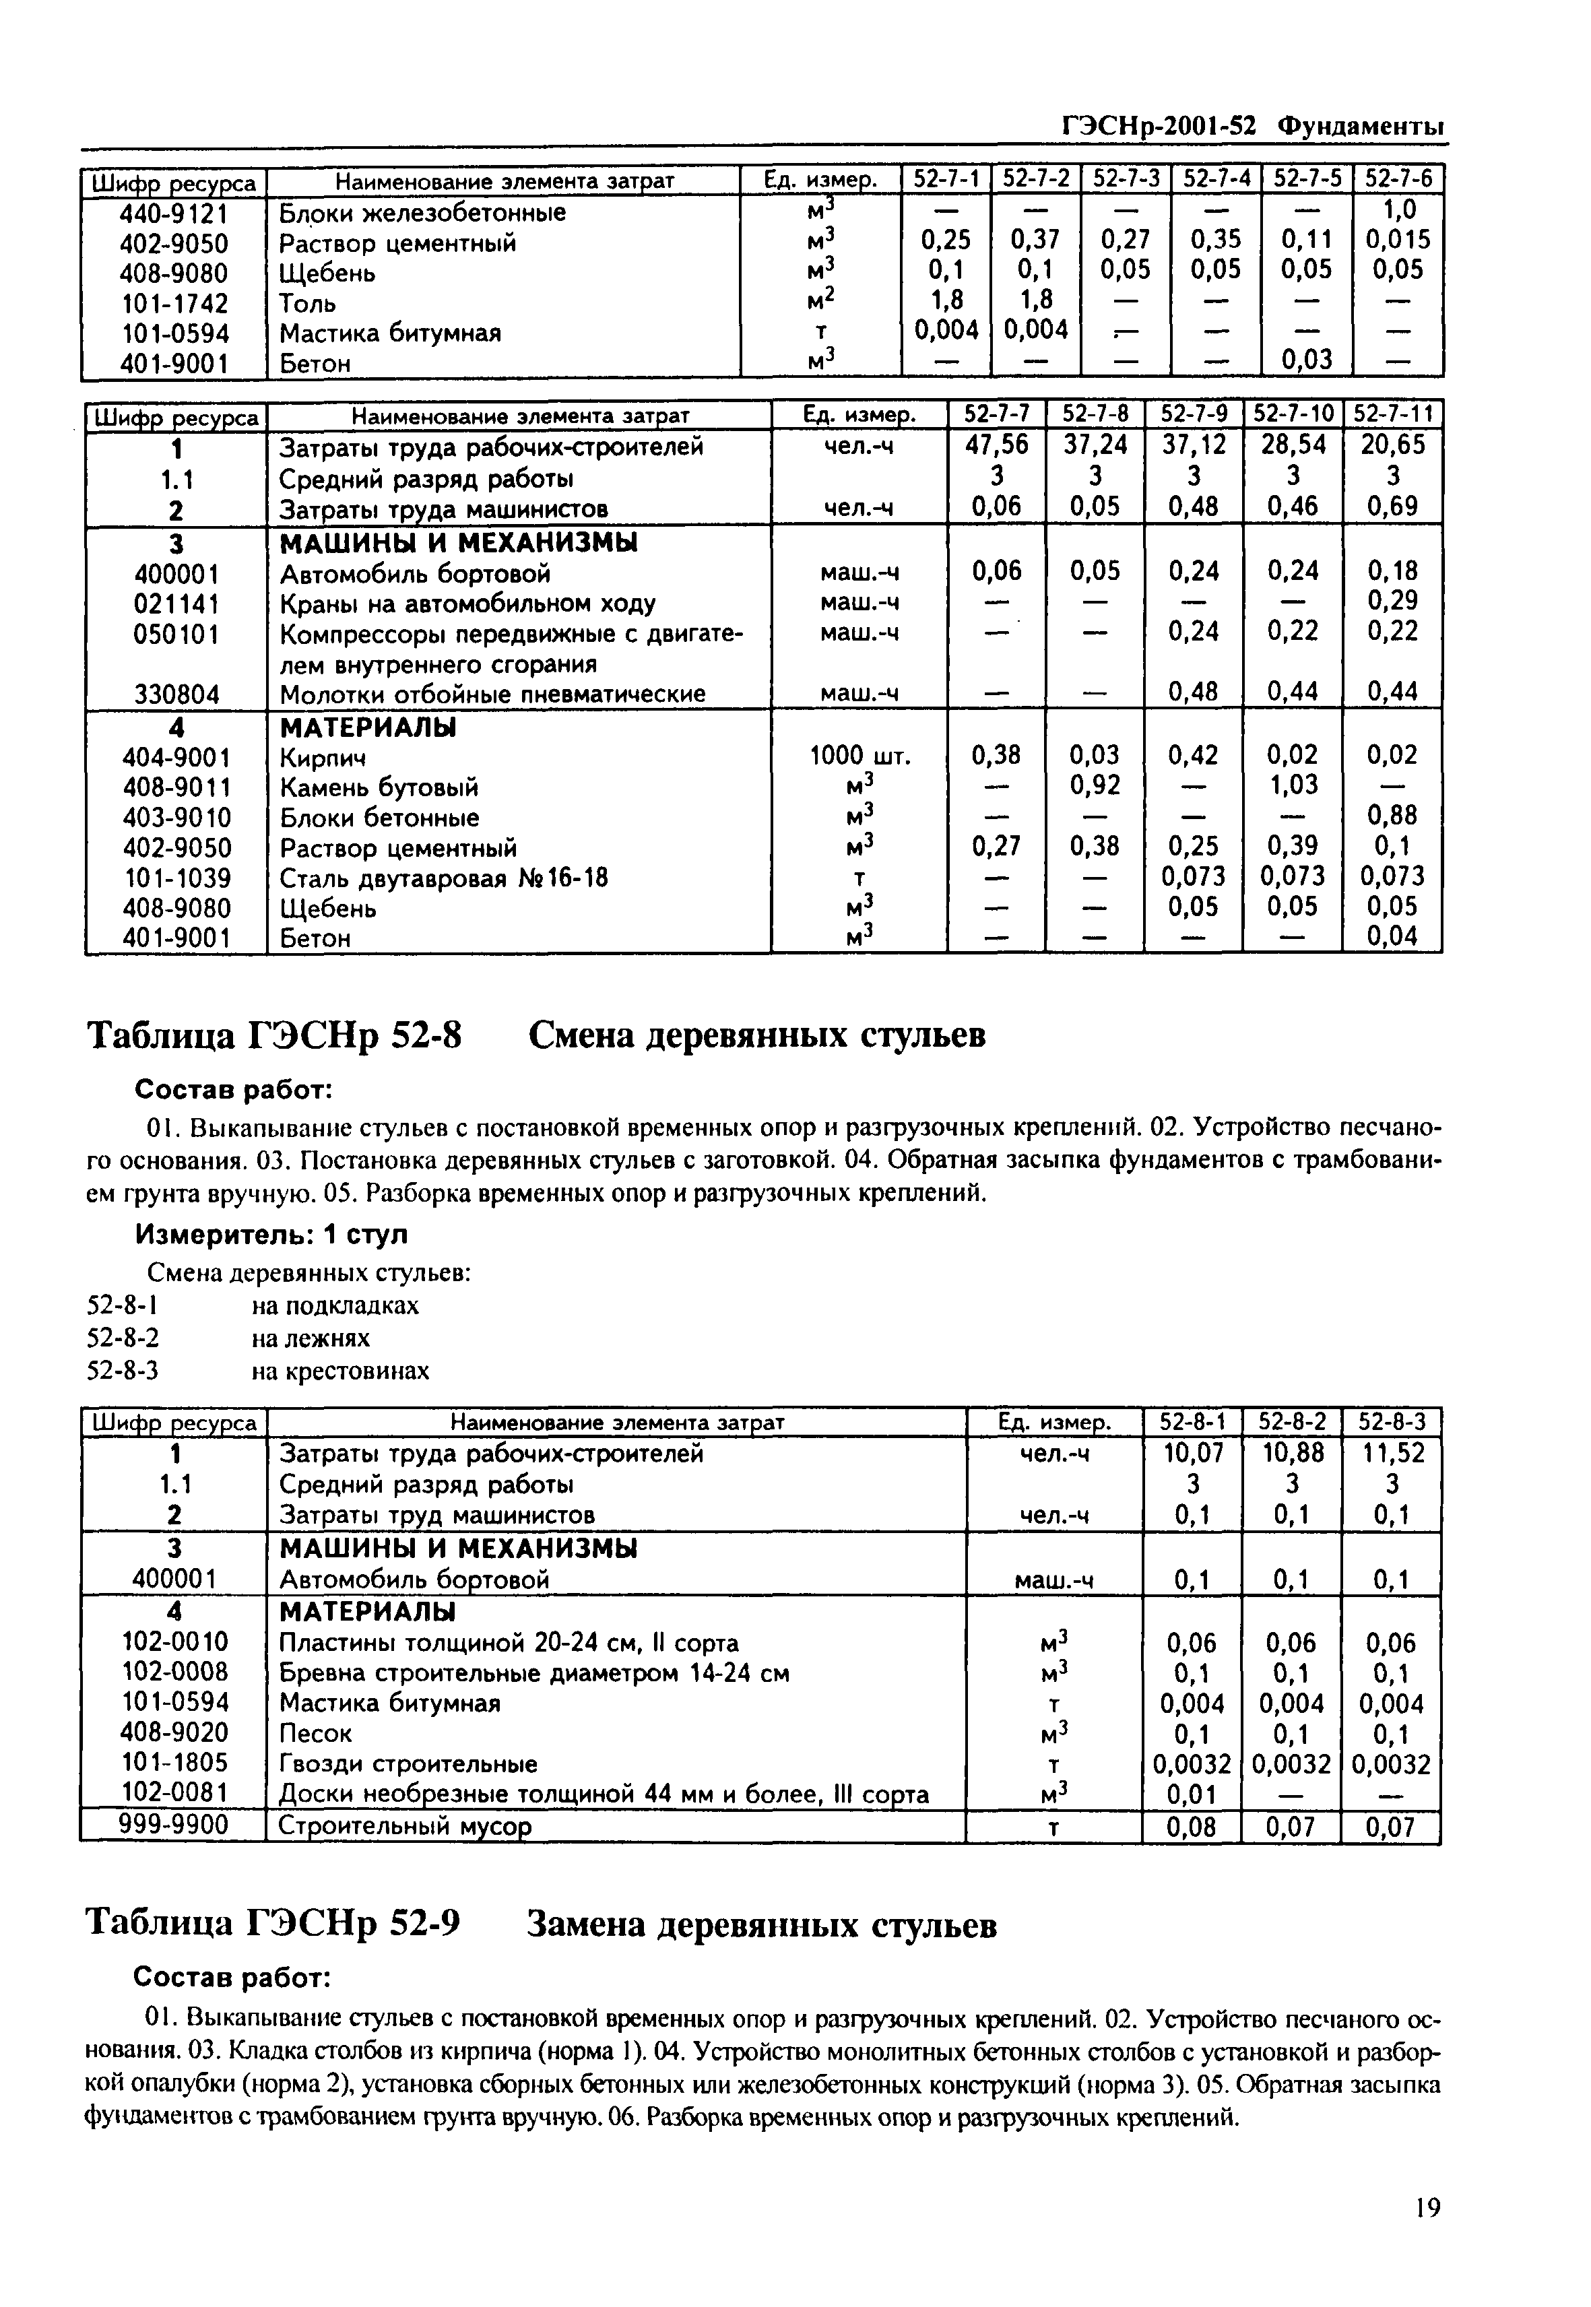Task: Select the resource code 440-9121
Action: [174, 214]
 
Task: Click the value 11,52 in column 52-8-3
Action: [1392, 1454]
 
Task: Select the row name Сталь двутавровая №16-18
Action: [444, 878]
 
